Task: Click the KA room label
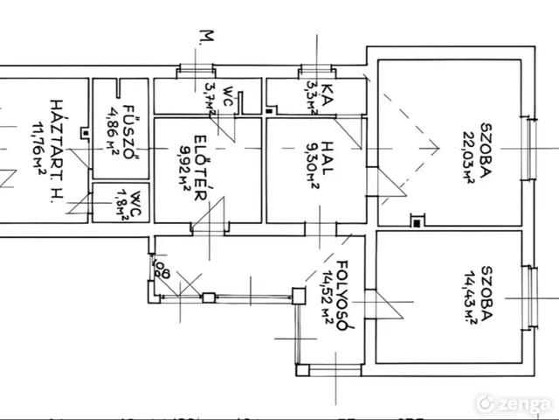click(x=327, y=93)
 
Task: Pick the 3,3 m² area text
click(x=311, y=99)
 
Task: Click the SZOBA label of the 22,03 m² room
click(x=487, y=160)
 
